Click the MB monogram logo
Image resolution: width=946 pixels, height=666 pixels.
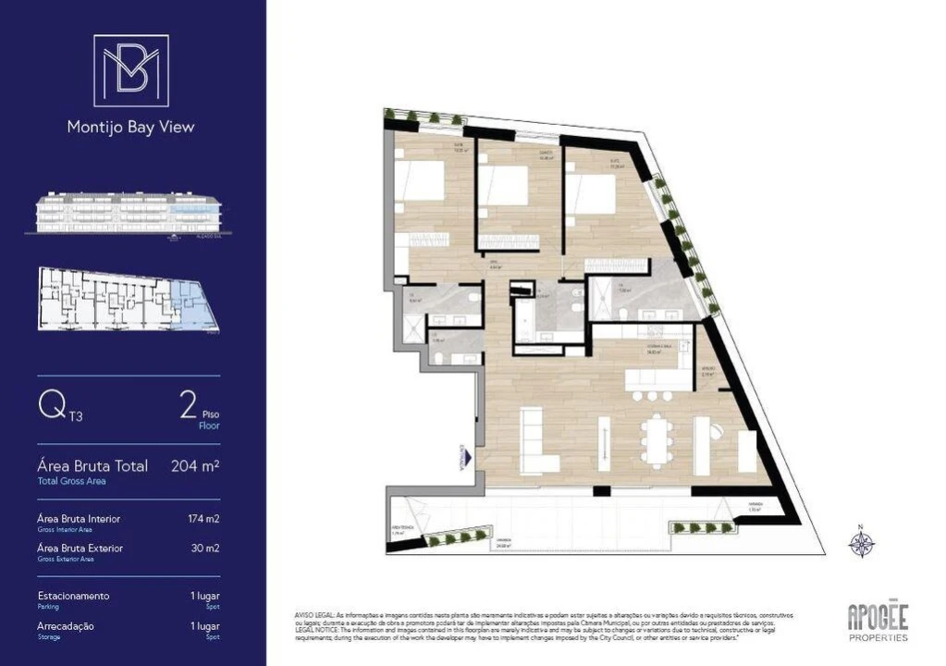[x=131, y=70]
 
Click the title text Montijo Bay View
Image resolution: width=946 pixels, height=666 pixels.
[x=131, y=128]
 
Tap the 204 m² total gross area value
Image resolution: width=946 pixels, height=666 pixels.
[x=195, y=466]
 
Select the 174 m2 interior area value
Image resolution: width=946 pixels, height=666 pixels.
[x=203, y=519]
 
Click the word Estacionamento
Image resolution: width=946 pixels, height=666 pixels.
[x=73, y=596]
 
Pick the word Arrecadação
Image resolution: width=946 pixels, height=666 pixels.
[x=66, y=626]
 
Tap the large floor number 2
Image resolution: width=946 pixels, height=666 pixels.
[x=188, y=404]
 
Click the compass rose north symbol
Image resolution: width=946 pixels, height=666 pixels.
[x=861, y=542]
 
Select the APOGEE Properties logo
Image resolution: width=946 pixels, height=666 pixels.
[x=878, y=621]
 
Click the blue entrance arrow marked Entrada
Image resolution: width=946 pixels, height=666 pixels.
[x=468, y=458]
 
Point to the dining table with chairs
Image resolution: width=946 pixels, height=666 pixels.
[x=657, y=439]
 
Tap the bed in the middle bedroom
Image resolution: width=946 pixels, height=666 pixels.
[x=504, y=186]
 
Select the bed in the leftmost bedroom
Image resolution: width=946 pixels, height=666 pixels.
[x=421, y=181]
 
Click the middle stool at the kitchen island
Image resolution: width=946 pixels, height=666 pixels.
[x=652, y=396]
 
